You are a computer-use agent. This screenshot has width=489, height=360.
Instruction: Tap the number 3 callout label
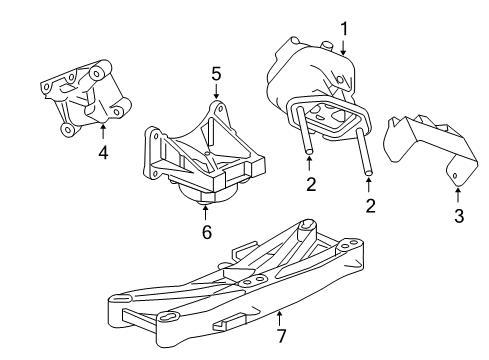(458, 216)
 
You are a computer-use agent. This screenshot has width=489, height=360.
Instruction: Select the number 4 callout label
(103, 153)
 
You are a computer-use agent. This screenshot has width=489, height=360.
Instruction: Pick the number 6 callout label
(205, 232)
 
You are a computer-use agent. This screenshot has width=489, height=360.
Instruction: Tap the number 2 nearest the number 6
(310, 183)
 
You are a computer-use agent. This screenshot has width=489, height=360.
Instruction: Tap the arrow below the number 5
(214, 94)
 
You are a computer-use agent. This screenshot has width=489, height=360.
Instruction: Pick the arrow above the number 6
(205, 211)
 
